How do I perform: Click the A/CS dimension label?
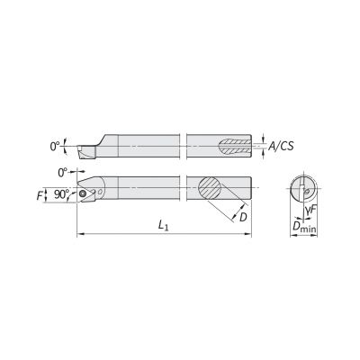click(x=281, y=146)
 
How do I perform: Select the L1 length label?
click(x=163, y=226)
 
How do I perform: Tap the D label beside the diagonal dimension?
click(x=243, y=217)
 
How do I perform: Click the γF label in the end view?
click(x=311, y=211)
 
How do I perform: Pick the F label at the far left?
click(x=40, y=196)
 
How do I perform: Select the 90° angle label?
click(x=62, y=194)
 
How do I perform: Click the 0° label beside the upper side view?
click(x=55, y=146)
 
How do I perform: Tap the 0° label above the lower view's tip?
click(x=62, y=173)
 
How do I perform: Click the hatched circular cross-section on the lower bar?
click(x=210, y=188)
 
